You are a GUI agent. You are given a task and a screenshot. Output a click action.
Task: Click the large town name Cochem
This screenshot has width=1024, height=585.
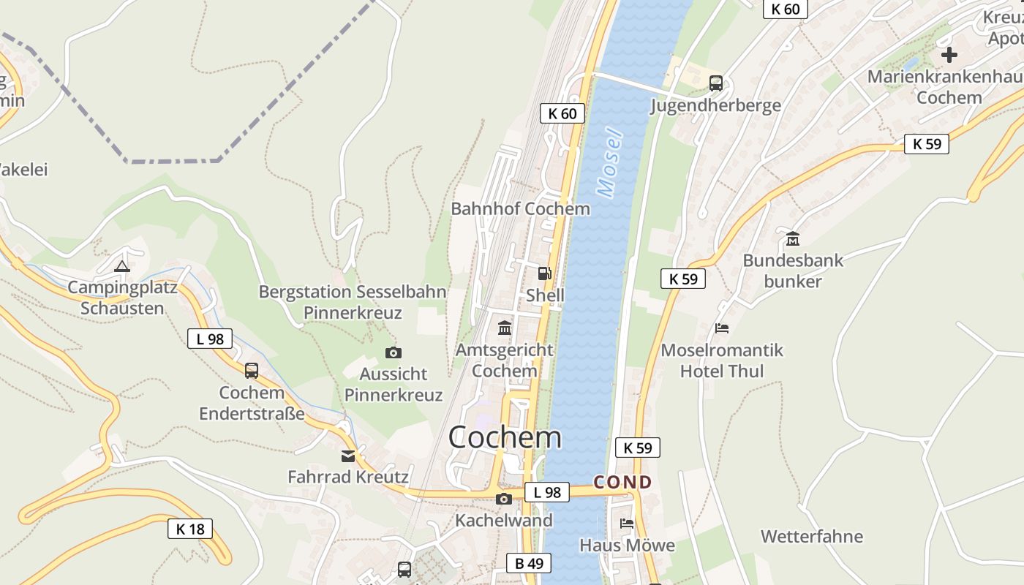pyautogui.click(x=505, y=437)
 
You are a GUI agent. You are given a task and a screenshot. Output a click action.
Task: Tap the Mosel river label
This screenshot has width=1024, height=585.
pyautogui.click(x=609, y=164)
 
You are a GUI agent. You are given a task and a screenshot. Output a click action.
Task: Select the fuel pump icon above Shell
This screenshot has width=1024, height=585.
pyautogui.click(x=545, y=273)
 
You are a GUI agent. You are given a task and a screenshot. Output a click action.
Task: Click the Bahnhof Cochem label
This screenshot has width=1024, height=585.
pyautogui.click(x=520, y=208)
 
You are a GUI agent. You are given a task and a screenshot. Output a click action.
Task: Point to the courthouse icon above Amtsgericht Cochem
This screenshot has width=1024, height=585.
pyautogui.click(x=505, y=328)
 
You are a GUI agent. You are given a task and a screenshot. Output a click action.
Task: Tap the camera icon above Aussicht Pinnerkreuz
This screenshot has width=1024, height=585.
pyautogui.click(x=394, y=353)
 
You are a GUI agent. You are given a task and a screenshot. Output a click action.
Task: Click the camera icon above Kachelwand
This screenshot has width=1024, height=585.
pyautogui.click(x=504, y=499)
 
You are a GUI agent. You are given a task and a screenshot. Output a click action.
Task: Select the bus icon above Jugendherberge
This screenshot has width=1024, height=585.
pyautogui.click(x=716, y=83)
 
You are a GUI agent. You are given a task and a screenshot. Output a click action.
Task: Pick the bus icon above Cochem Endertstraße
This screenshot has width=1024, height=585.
pyautogui.click(x=252, y=371)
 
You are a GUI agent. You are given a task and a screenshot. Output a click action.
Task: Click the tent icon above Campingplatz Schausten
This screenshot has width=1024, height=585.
pyautogui.click(x=122, y=266)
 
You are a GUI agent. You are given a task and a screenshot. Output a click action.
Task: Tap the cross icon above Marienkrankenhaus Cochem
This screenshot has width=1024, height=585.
pyautogui.click(x=949, y=55)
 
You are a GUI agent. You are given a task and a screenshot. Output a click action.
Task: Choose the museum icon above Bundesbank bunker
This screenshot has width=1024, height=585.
pyautogui.click(x=793, y=238)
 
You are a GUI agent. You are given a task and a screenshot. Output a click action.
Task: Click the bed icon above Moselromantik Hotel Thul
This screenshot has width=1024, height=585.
pyautogui.click(x=722, y=328)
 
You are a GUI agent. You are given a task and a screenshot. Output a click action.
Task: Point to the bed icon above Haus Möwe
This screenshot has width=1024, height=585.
pyautogui.click(x=627, y=523)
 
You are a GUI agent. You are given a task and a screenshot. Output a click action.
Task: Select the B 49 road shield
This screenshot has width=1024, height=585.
pyautogui.click(x=529, y=563)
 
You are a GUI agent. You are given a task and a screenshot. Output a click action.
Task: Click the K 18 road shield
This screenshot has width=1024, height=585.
pyautogui.click(x=191, y=529)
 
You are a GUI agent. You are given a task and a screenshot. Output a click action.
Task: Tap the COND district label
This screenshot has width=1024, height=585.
pyautogui.click(x=622, y=482)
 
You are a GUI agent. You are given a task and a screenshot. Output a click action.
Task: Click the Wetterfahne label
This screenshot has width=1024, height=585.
pyautogui.click(x=812, y=537)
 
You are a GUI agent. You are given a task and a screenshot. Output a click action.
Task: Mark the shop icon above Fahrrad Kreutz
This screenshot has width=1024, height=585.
pyautogui.click(x=348, y=456)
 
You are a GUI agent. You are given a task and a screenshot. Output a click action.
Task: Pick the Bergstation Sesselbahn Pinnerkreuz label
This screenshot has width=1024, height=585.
pyautogui.click(x=353, y=302)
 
